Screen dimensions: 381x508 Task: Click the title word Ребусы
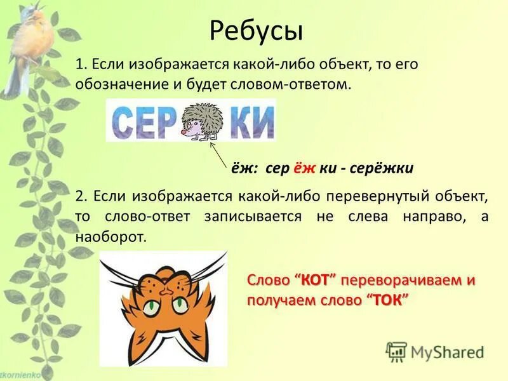coord(255,30)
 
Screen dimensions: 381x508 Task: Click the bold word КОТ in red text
coord(319,281)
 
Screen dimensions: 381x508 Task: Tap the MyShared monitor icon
coord(396,351)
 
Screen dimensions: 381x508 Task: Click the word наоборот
coord(110,237)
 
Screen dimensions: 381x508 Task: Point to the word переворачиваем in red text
coord(404,281)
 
